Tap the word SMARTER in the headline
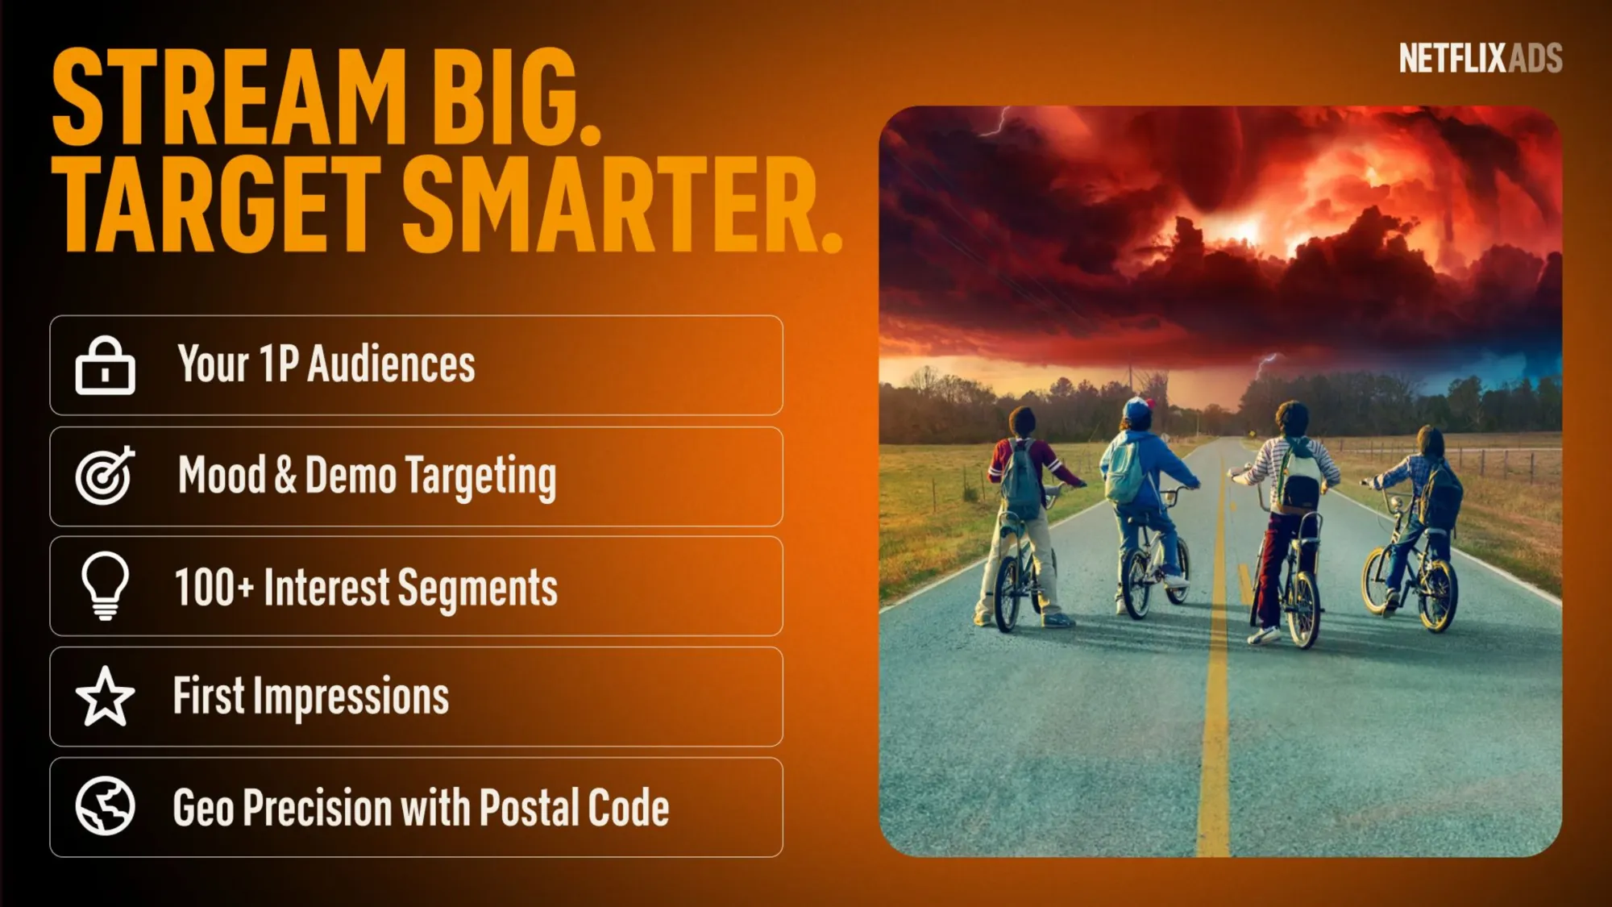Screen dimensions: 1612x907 (x=622, y=205)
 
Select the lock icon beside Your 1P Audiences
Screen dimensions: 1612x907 (x=105, y=365)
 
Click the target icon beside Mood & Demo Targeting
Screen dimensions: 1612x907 (x=105, y=476)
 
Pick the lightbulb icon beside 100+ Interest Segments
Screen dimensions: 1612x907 (x=105, y=586)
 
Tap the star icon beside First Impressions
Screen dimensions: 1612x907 (x=105, y=696)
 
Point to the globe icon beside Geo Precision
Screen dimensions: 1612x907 (x=105, y=806)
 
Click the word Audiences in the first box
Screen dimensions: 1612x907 (x=392, y=364)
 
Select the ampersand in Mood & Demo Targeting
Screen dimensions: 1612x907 (x=285, y=475)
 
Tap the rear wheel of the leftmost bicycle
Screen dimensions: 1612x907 (x=1008, y=593)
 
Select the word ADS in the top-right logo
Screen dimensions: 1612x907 (x=1535, y=58)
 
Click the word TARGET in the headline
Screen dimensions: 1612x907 (x=216, y=205)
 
